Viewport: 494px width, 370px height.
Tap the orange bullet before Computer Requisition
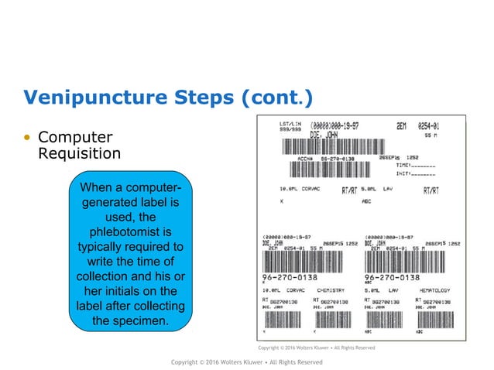(x=28, y=137)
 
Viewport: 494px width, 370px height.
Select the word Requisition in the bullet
(x=79, y=153)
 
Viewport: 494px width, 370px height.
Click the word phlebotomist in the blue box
(x=131, y=231)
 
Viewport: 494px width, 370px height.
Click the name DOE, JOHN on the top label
(x=326, y=134)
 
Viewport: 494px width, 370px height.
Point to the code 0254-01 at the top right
(x=435, y=125)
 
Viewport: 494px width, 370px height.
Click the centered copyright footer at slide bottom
(x=246, y=361)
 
